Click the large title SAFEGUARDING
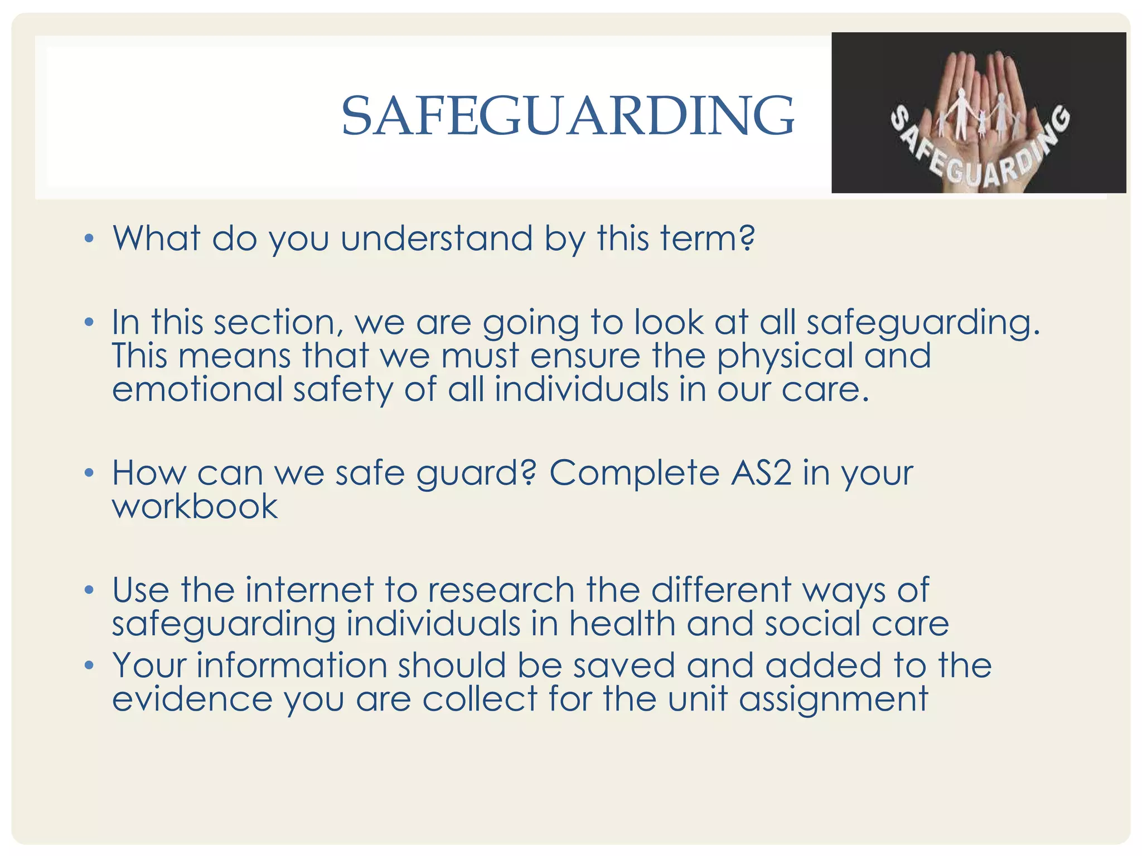tap(568, 116)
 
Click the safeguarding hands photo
tap(978, 113)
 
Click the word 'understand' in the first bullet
tap(437, 239)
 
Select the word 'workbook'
tap(195, 507)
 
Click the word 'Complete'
tap(634, 473)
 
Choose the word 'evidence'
tap(192, 699)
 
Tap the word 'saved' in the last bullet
tap(624, 665)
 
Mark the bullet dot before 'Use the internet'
tap(89, 590)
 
